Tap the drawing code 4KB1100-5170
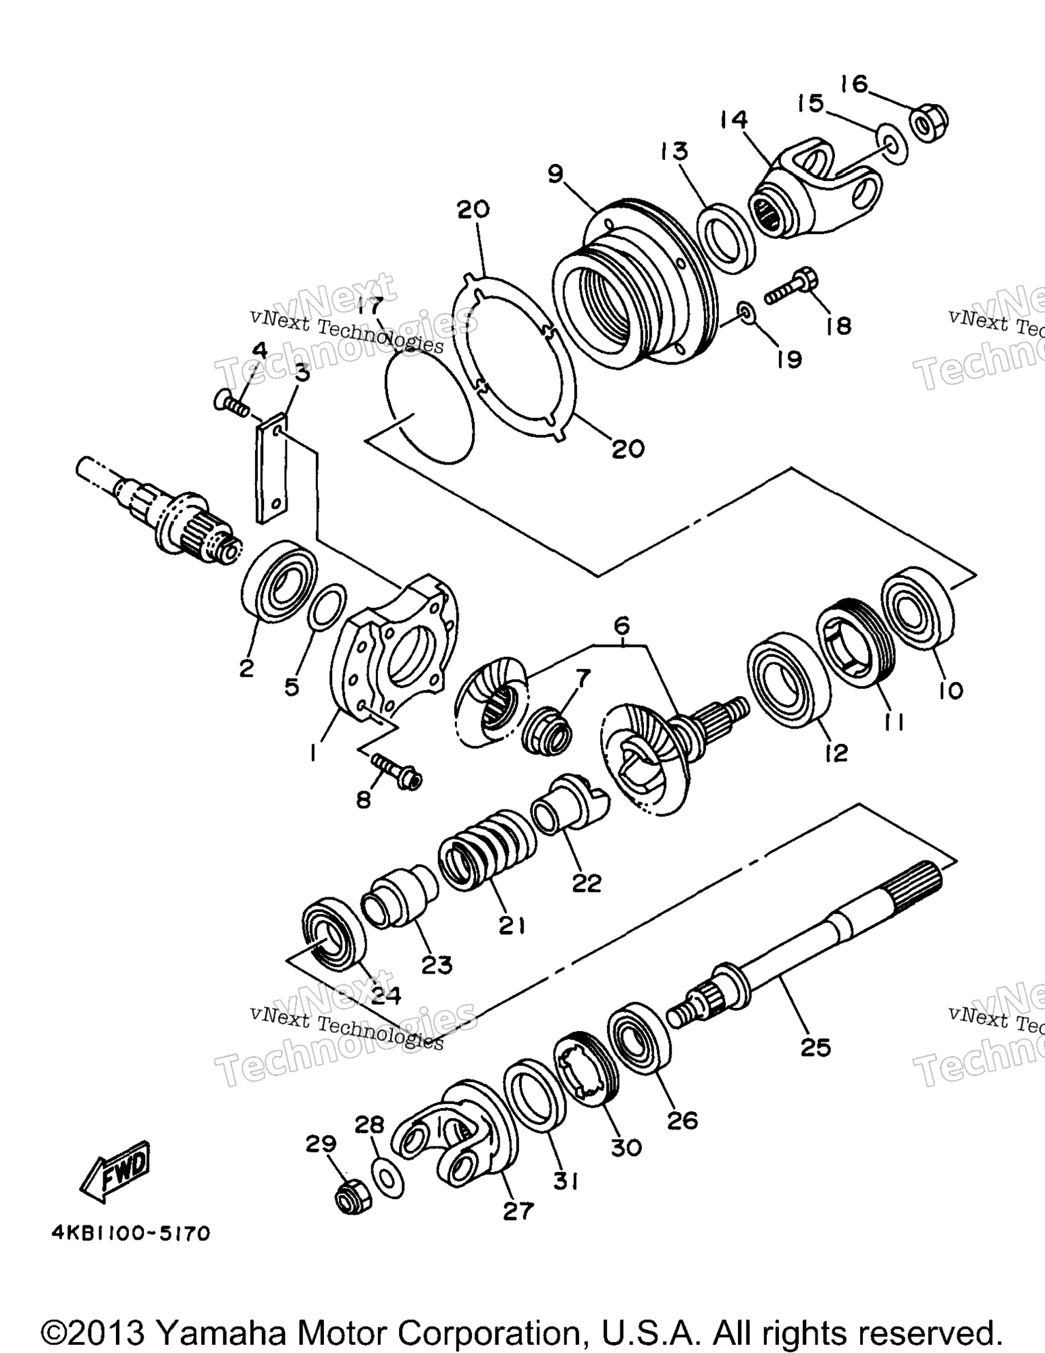click(x=131, y=1234)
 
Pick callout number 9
click(x=555, y=174)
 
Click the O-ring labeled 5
click(x=327, y=606)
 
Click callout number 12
click(x=836, y=751)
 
